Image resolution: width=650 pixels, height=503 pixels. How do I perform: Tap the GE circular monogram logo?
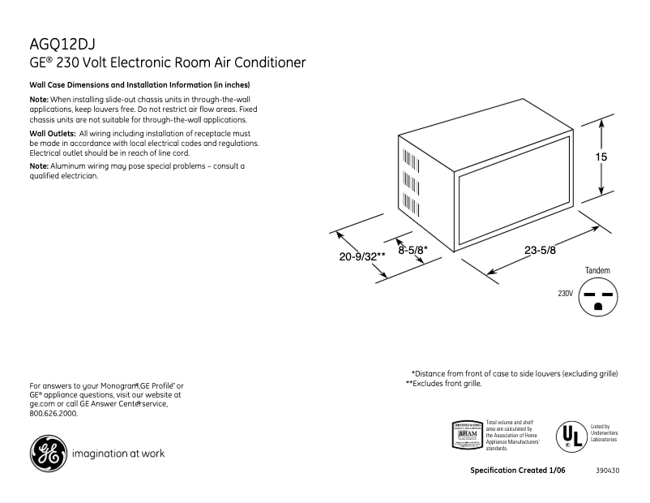pyautogui.click(x=47, y=453)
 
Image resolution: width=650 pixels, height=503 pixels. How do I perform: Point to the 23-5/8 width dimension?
pyautogui.click(x=540, y=251)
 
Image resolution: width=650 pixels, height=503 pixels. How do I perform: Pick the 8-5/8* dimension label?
pyautogui.click(x=413, y=251)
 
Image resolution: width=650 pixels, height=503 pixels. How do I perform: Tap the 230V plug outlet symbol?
pyautogui.click(x=598, y=297)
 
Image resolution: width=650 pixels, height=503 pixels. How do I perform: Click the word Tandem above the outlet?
pyautogui.click(x=597, y=270)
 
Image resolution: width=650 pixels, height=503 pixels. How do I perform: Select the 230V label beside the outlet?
pyautogui.click(x=565, y=292)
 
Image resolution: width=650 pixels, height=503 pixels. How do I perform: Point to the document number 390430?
pyautogui.click(x=607, y=471)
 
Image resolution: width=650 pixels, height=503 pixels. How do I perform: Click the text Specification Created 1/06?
pyautogui.click(x=517, y=471)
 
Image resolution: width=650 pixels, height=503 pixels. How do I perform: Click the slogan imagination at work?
pyautogui.click(x=118, y=454)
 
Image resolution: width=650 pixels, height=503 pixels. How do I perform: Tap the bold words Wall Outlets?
pyautogui.click(x=52, y=132)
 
